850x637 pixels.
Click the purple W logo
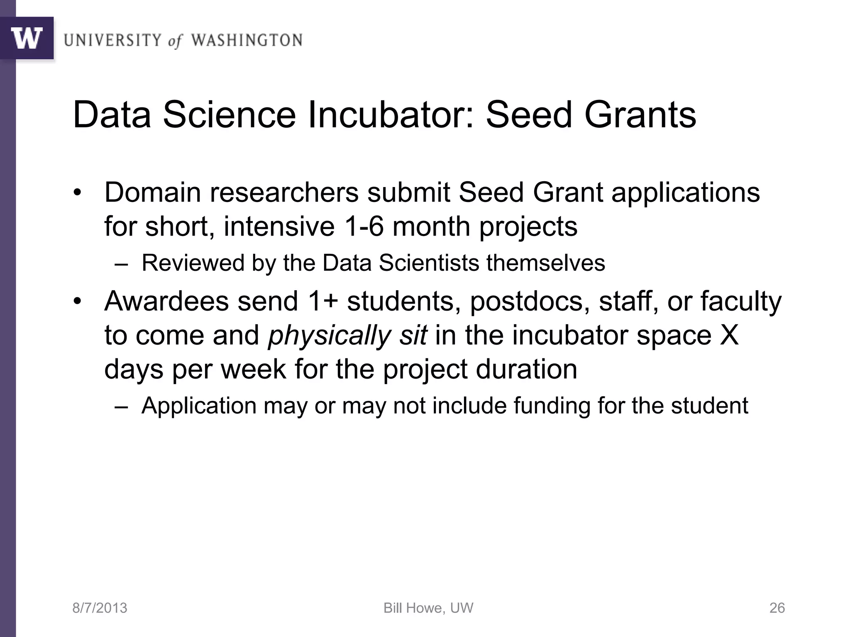click(x=27, y=38)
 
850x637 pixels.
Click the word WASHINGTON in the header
click(x=247, y=41)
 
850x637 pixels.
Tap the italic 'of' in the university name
click(x=175, y=41)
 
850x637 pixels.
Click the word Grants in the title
click(x=640, y=115)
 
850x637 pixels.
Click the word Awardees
click(x=166, y=301)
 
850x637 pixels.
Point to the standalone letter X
click(x=729, y=335)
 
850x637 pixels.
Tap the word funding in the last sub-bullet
click(x=552, y=405)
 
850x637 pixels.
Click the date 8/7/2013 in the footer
click(x=100, y=608)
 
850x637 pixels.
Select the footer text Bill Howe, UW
click(x=428, y=608)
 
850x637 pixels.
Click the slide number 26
click(x=777, y=608)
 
